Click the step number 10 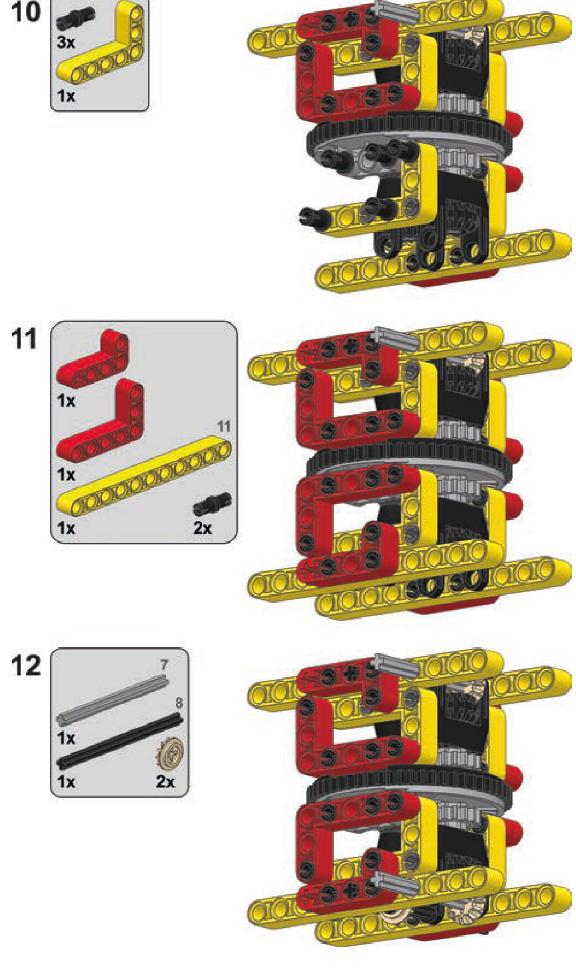point(26,12)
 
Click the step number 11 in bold point(25,339)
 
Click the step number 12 point(26,666)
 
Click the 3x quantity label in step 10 point(66,42)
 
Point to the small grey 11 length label point(223,427)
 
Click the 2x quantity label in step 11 point(203,528)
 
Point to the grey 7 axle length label point(164,664)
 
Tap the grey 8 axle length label point(179,702)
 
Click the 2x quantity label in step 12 point(165,782)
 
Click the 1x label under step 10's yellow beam point(66,96)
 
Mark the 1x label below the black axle point(66,782)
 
